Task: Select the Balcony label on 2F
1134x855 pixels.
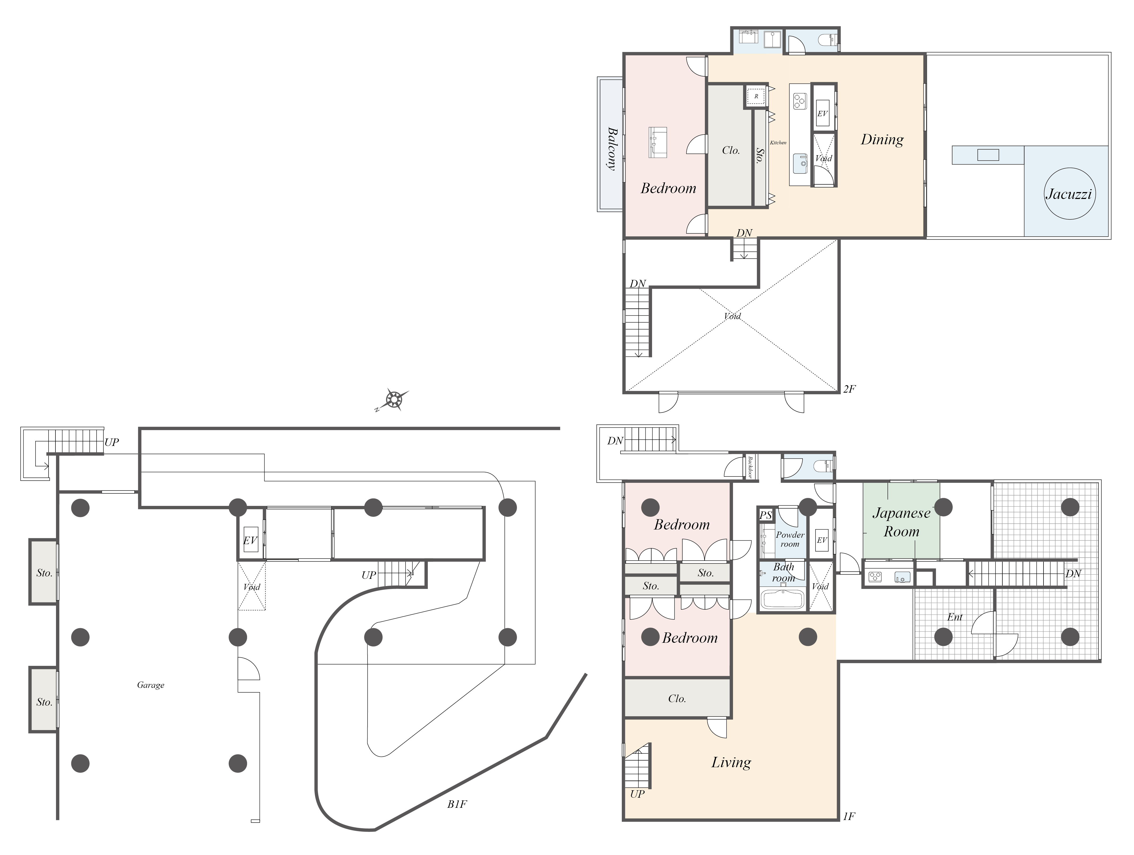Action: coord(612,149)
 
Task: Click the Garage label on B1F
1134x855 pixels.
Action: coord(151,685)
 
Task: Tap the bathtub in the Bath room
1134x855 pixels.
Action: coord(782,599)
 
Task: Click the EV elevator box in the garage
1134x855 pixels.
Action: coord(250,540)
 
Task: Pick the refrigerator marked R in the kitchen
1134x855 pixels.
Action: coord(756,96)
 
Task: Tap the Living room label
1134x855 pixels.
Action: coord(731,763)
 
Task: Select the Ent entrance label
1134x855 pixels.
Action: coord(955,617)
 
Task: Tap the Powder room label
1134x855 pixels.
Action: coord(790,539)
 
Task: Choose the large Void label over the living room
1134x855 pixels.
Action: coord(732,316)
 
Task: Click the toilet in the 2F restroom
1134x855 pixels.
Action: coord(827,40)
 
